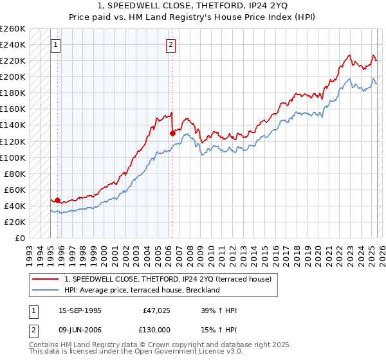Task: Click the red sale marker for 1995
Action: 57,200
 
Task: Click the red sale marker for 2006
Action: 172,133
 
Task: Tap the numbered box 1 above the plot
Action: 56,45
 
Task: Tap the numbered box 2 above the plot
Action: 171,45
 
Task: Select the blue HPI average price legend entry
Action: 142,290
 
